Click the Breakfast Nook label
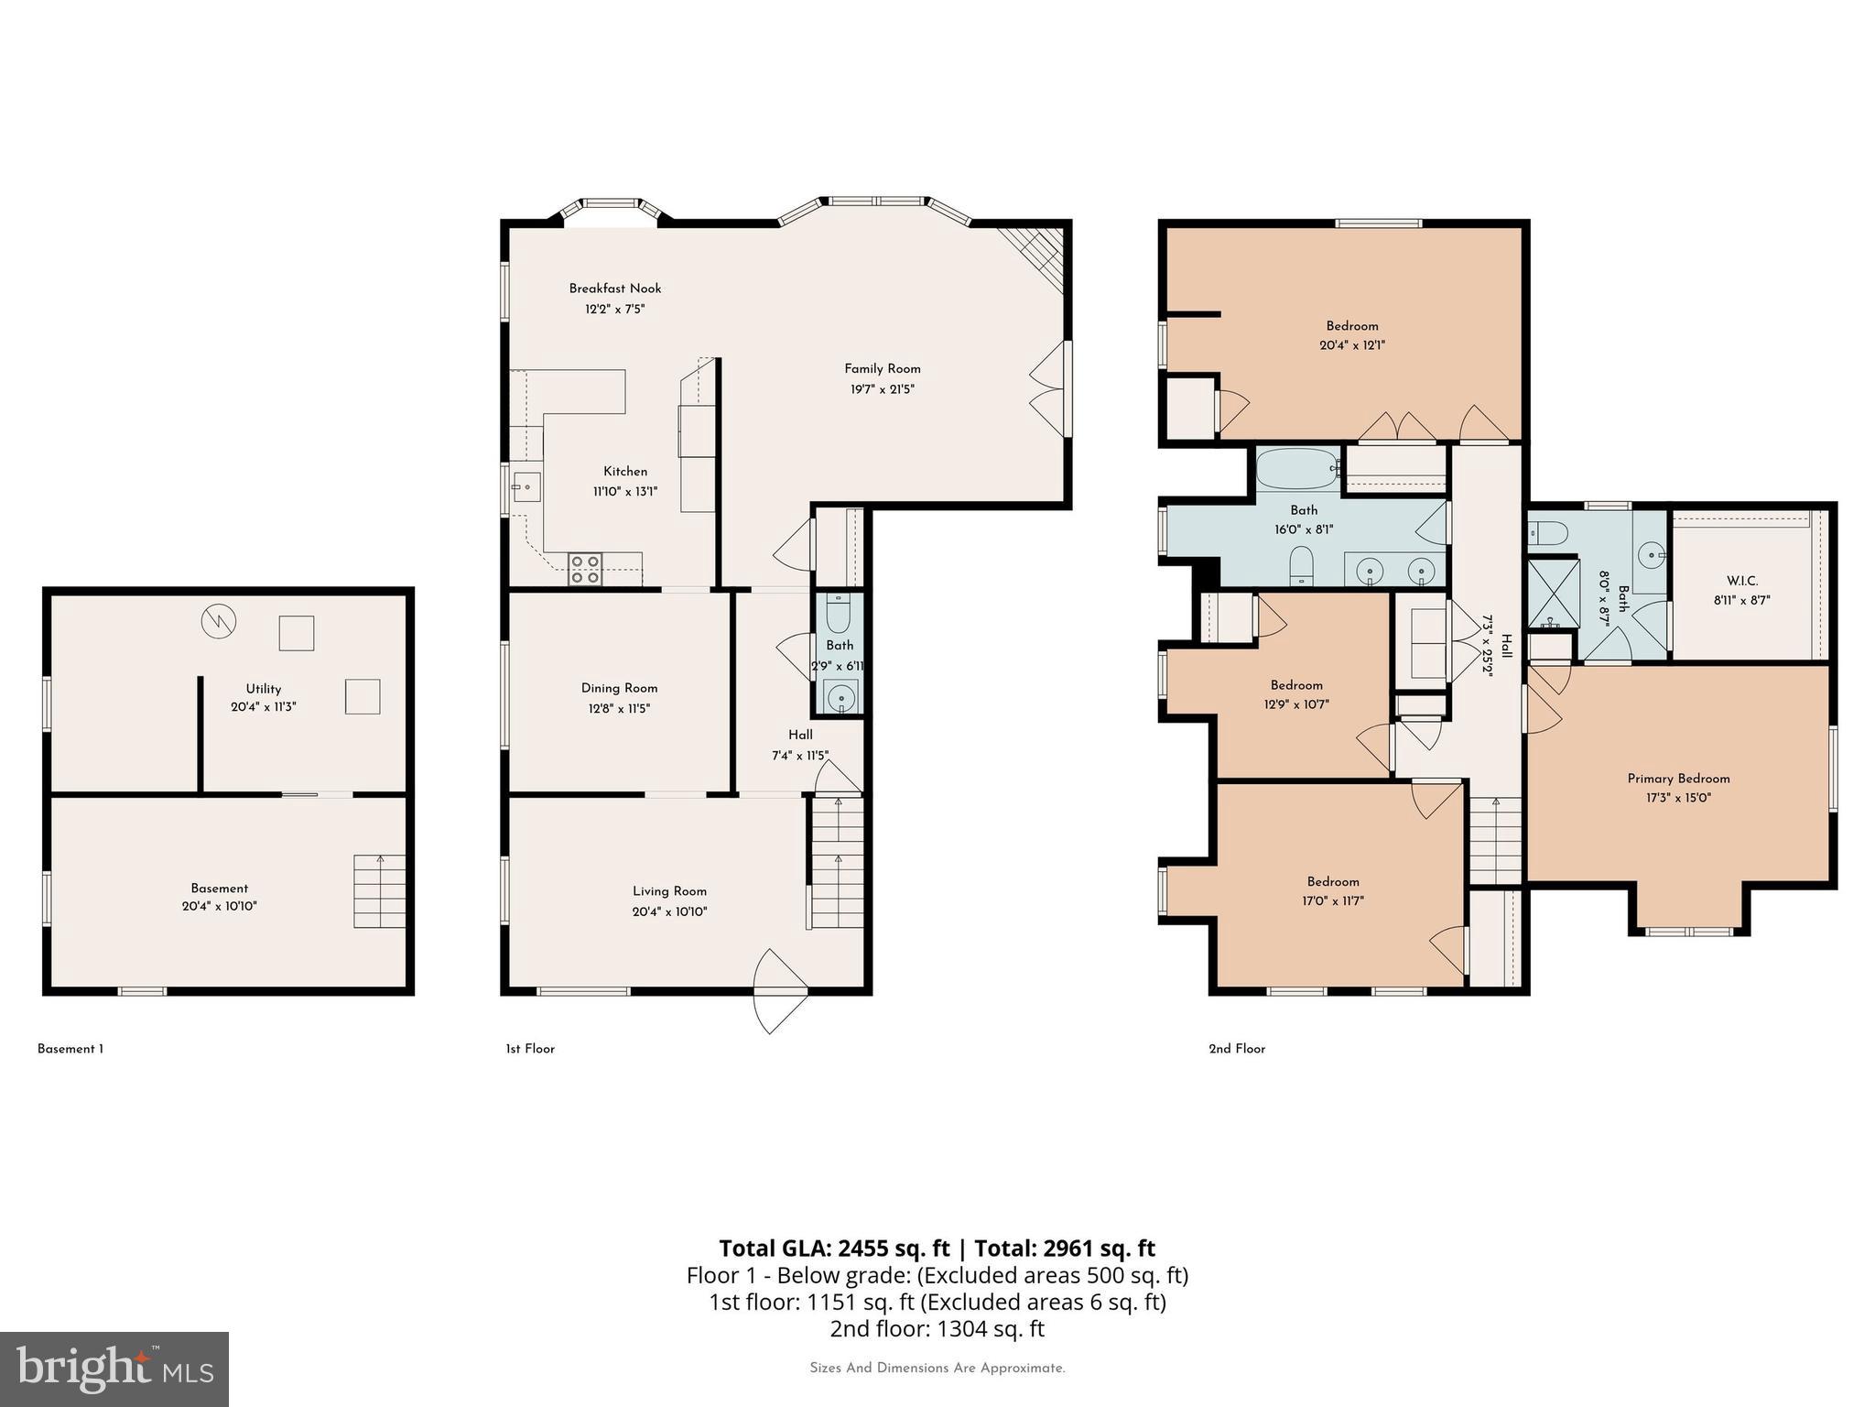614,289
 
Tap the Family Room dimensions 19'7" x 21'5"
882,389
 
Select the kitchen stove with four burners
585,569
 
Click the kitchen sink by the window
526,487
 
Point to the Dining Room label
619,688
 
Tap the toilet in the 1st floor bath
839,610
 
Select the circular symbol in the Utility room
219,622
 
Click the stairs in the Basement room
380,890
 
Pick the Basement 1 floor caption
70,1049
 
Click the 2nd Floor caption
1237,1049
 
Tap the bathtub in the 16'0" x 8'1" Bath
1296,469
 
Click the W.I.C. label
1741,581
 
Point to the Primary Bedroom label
1678,779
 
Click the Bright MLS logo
114,1369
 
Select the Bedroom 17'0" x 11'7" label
1332,882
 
